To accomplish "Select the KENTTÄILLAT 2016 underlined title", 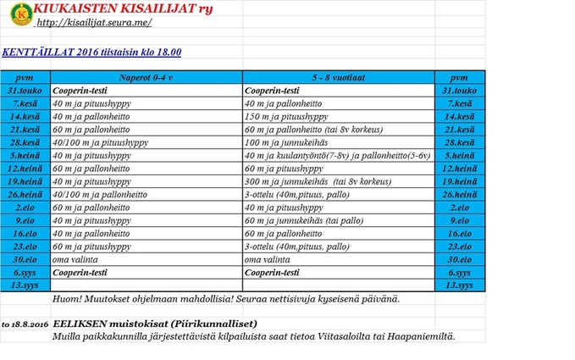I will pyautogui.click(x=91, y=53).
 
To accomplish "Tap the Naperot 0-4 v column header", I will pyautogui.click(x=146, y=76).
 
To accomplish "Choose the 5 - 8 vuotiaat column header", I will pyautogui.click(x=337, y=76).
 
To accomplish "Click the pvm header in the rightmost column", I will pyautogui.click(x=460, y=76).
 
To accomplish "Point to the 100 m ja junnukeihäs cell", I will pyautogui.click(x=285, y=142).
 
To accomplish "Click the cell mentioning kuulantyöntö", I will pyautogui.click(x=336, y=155).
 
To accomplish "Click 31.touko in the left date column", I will pyautogui.click(x=25, y=90).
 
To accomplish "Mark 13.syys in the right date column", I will pyautogui.click(x=460, y=285).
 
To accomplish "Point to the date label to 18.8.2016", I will pyautogui.click(x=25, y=324).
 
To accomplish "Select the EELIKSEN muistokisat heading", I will pyautogui.click(x=154, y=324).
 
